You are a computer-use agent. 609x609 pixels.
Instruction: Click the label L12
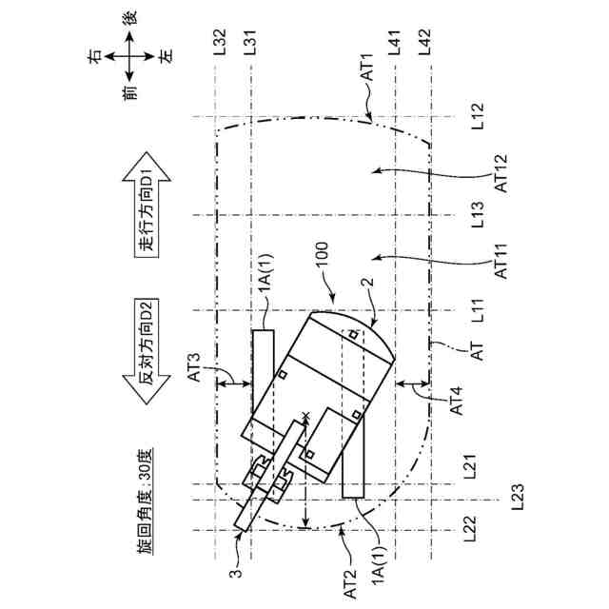(x=478, y=117)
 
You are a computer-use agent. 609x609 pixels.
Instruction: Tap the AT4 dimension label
(x=456, y=399)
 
